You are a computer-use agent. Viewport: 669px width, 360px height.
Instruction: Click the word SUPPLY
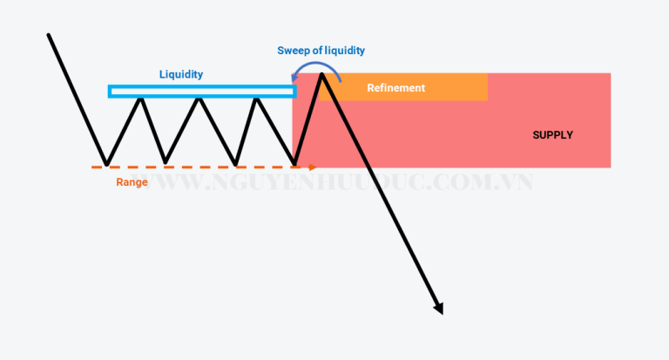coord(552,135)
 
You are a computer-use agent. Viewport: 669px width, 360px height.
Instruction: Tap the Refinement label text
coord(396,88)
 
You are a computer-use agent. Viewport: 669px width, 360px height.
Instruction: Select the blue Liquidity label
coord(181,74)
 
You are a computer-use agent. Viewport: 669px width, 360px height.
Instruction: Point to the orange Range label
coord(132,182)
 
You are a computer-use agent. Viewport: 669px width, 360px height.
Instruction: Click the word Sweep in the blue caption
coord(294,51)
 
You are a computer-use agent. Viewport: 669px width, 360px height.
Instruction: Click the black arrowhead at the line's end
coord(439,309)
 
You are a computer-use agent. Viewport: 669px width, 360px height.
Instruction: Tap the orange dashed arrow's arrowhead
coord(313,167)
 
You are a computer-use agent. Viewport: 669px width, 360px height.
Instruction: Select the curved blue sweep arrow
coord(315,65)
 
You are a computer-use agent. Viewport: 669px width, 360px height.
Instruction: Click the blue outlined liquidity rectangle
coord(202,86)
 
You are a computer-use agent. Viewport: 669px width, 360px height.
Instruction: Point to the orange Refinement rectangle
coord(403,87)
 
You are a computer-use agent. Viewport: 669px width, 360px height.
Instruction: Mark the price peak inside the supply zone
coord(321,75)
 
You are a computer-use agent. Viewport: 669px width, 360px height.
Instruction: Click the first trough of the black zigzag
coord(106,165)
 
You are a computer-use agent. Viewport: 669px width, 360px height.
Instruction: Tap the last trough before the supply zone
coord(294,164)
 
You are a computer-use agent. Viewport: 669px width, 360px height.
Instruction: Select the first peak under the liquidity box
coord(141,99)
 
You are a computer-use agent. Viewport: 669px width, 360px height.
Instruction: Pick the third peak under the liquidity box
coord(256,99)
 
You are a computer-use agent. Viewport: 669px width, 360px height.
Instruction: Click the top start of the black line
coord(49,35)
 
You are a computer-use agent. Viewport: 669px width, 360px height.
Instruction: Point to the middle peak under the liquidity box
coord(199,99)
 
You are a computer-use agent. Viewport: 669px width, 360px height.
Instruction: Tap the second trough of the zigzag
coord(166,162)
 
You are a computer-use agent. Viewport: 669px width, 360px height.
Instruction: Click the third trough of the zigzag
coord(235,164)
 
